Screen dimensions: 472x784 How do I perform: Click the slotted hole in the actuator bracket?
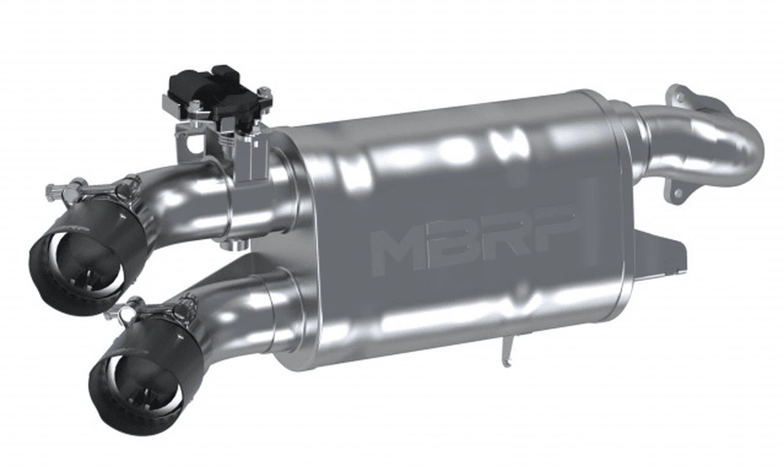pyautogui.click(x=197, y=143)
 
